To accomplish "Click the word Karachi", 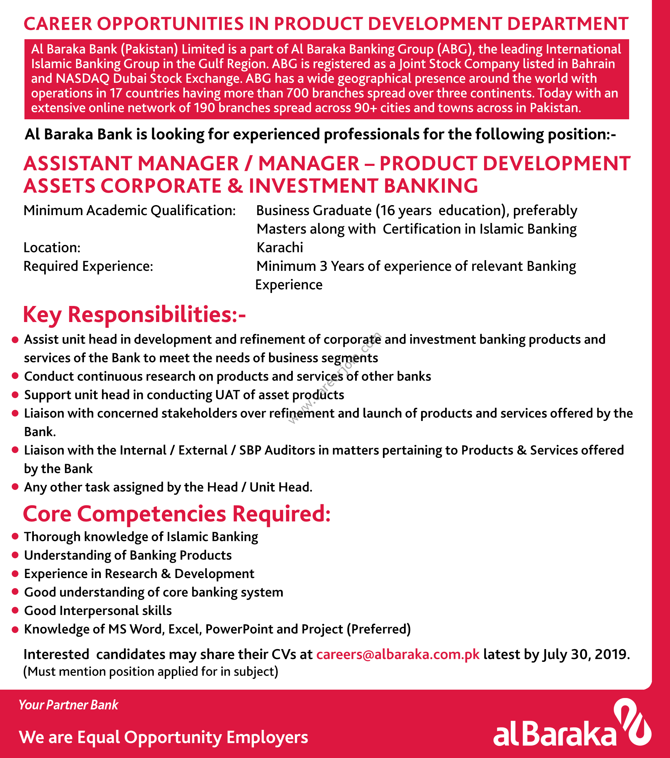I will point(280,247).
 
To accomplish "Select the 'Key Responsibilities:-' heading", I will point(134,314).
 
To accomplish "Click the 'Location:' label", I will point(52,247).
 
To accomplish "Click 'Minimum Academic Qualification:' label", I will point(129,210).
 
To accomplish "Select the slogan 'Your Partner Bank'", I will point(68,705).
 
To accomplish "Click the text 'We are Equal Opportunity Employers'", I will point(163,737).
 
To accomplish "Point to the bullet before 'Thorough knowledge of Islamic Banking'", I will point(15,536).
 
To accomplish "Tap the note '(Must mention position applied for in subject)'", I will point(150,672).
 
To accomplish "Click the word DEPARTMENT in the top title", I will point(567,24).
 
